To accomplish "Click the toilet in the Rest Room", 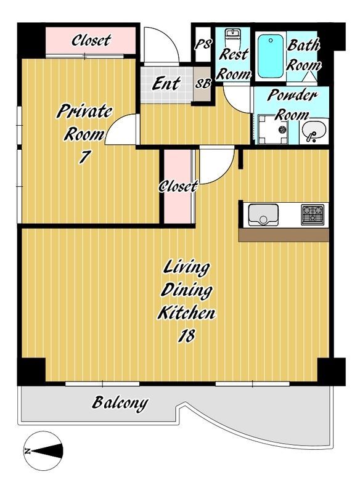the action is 233,39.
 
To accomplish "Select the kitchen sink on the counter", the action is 263,215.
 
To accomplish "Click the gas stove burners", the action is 313,214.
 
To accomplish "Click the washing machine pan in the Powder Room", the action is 273,129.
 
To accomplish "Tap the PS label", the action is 203,44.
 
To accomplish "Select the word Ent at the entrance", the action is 166,84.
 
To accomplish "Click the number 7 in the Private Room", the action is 84,157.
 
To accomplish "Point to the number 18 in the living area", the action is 187,335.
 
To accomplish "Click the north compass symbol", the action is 43,451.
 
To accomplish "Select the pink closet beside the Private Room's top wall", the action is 91,41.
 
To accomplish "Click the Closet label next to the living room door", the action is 178,187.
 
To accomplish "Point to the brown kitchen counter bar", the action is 284,235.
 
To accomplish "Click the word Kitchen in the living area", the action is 187,313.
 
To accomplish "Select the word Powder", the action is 292,96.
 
